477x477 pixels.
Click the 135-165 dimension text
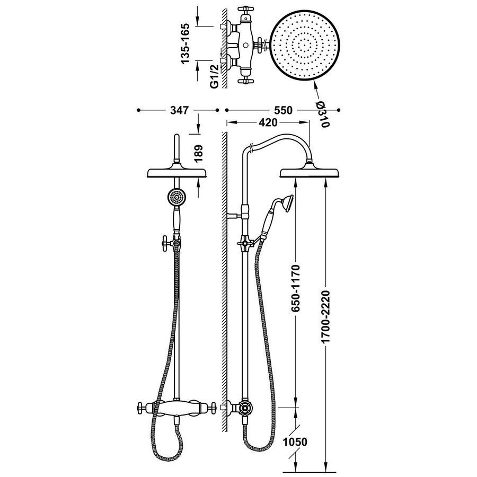[186, 45]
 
